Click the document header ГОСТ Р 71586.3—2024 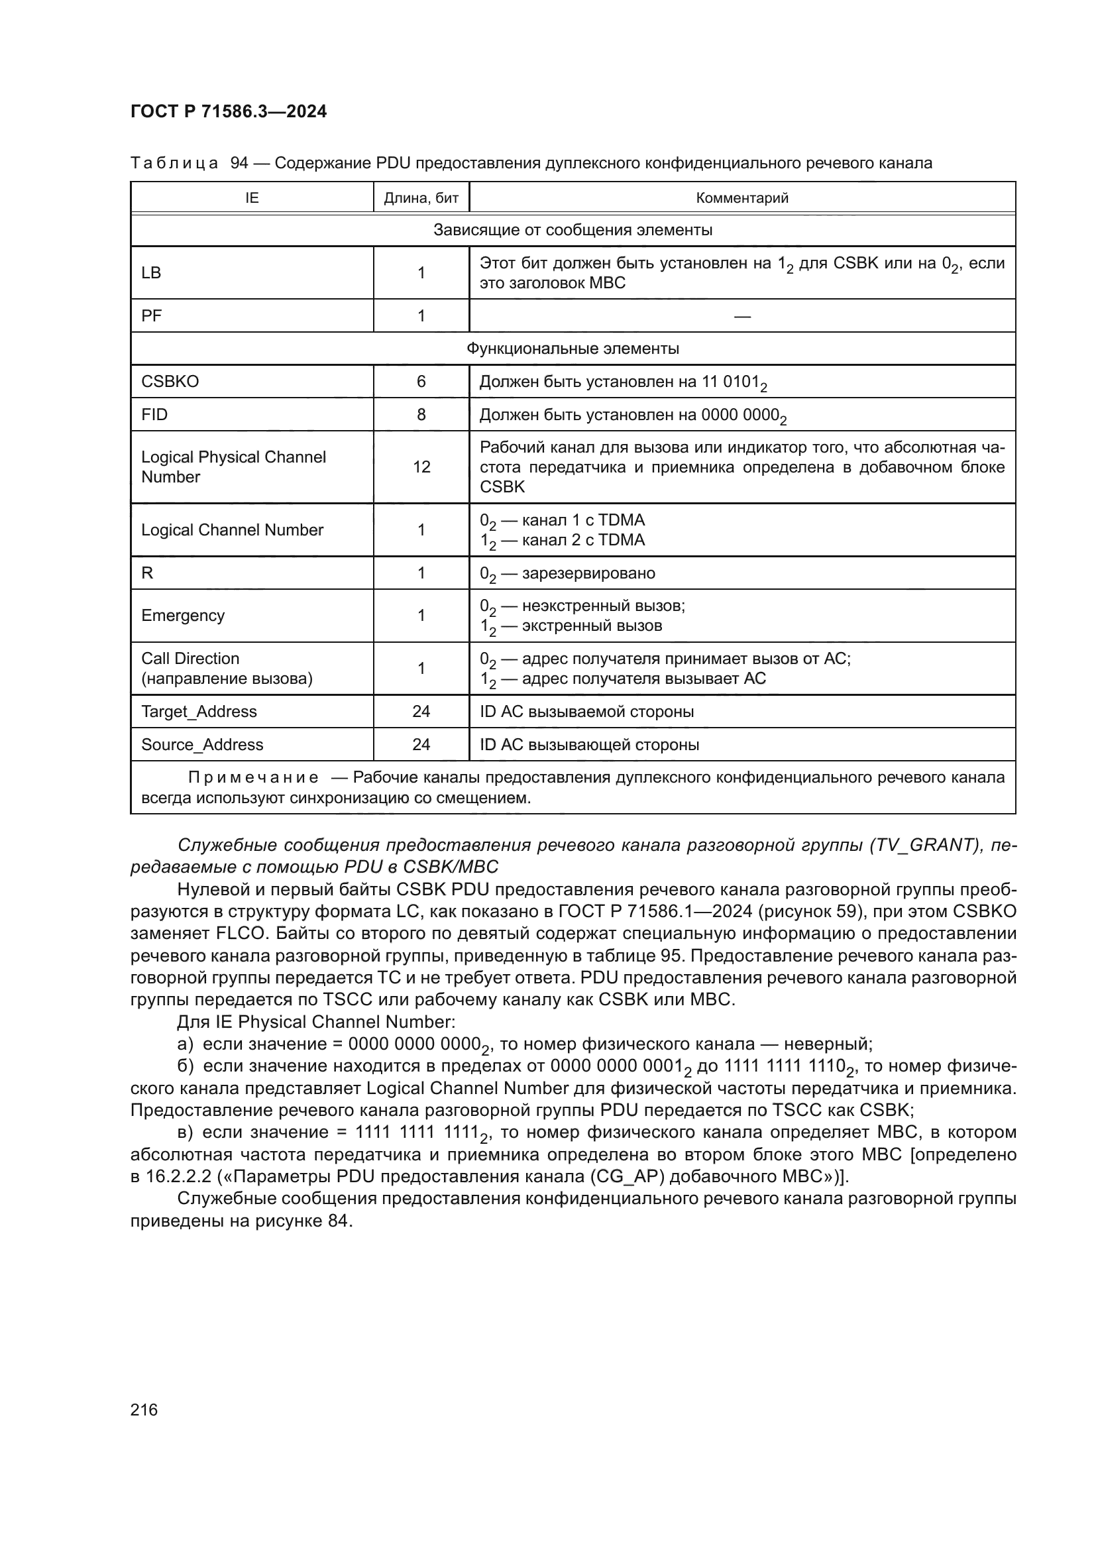[x=228, y=111]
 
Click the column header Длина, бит [x=421, y=197]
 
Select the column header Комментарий [x=741, y=197]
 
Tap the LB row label [x=151, y=273]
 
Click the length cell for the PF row [x=421, y=316]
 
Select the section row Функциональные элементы [x=573, y=349]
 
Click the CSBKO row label [x=170, y=382]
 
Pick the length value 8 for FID [x=421, y=414]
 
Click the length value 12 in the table [x=421, y=467]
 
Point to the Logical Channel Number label [x=232, y=530]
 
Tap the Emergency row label [x=183, y=616]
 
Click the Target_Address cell [x=199, y=712]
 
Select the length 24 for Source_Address [x=421, y=745]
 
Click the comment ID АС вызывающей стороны [x=589, y=745]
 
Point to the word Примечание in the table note [x=253, y=778]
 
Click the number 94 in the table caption [x=240, y=163]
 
